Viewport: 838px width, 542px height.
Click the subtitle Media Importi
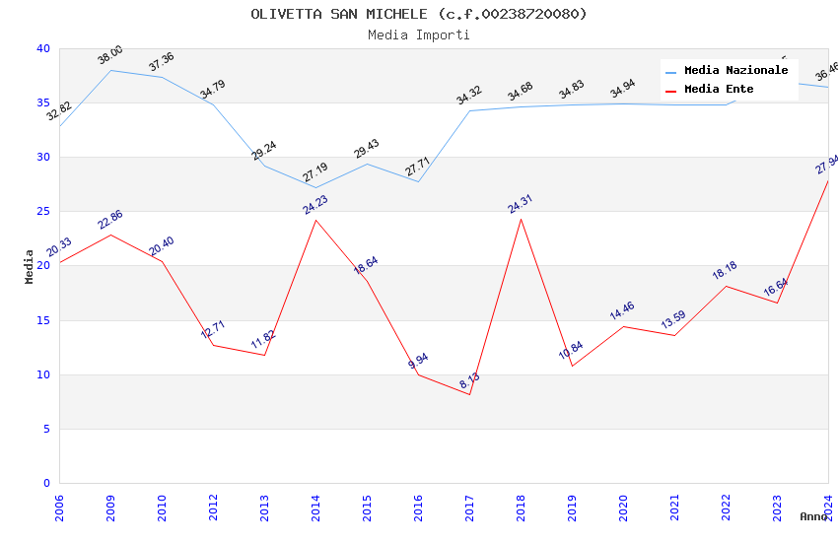(418, 35)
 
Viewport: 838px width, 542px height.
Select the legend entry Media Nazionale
(735, 71)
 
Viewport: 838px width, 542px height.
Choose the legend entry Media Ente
(719, 90)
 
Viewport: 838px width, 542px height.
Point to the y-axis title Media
(30, 266)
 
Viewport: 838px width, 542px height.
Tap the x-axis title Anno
(813, 516)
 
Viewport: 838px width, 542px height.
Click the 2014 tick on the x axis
(315, 508)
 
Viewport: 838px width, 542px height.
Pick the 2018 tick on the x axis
(521, 508)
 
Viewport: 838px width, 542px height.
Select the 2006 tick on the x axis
(59, 508)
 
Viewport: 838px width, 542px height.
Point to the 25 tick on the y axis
(43, 212)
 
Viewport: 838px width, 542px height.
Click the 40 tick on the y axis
(43, 49)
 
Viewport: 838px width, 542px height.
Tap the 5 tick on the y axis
(46, 429)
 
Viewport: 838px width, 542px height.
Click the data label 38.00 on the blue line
(110, 55)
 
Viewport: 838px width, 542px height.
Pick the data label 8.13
(469, 380)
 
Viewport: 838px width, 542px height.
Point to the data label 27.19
(315, 173)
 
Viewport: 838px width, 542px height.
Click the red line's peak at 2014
(315, 220)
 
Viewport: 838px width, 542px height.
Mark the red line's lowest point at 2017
(469, 394)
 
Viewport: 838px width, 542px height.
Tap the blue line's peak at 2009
(110, 70)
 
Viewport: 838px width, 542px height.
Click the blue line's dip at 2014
(315, 187)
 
